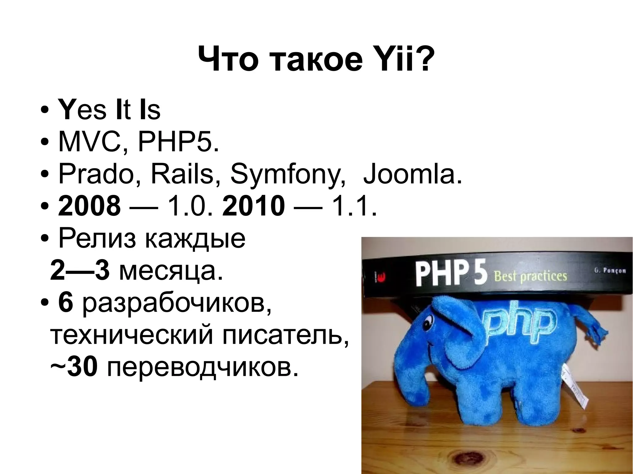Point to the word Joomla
[413, 174]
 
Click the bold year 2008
[89, 207]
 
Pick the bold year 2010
[253, 207]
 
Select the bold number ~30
[74, 367]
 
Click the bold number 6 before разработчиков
[66, 304]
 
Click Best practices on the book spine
[531, 275]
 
